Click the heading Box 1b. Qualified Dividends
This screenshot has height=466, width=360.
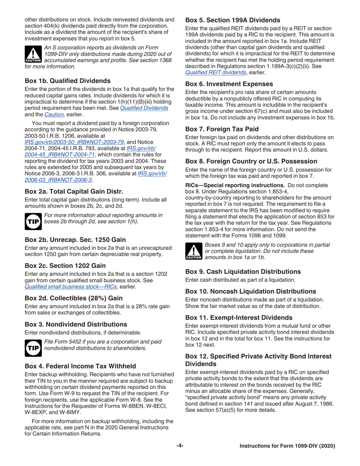point(67,80)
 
